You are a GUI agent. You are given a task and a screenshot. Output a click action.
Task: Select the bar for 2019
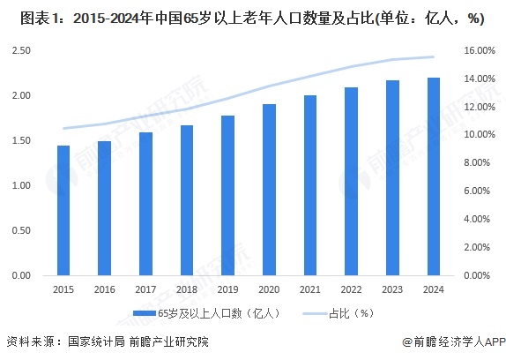227,195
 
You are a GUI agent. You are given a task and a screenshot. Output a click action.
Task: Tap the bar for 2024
433,176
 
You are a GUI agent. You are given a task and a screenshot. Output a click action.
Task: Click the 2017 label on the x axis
145,289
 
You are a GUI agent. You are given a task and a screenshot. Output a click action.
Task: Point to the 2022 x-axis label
351,289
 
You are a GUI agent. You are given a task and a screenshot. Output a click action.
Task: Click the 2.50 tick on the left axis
24,50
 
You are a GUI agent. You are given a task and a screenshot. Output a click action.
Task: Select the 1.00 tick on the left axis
24,185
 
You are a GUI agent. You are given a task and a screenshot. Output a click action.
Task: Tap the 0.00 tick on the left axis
24,275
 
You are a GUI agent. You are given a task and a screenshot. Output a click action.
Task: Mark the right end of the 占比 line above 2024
433,56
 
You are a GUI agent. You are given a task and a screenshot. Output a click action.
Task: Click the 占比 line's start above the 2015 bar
63,128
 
